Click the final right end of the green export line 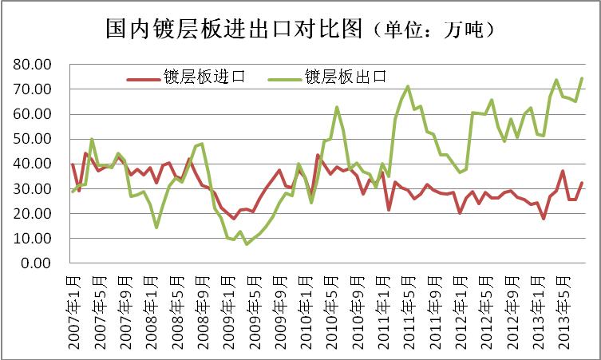581,78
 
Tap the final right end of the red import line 581,184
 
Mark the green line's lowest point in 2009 247,243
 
